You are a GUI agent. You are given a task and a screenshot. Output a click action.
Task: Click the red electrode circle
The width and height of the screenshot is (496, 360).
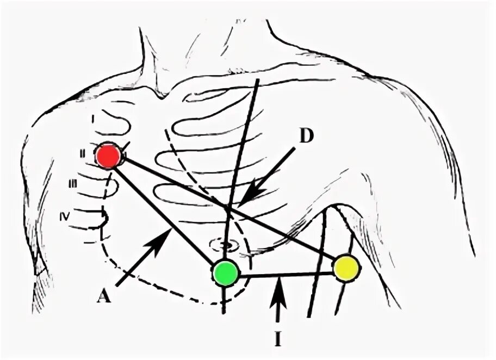[108, 156]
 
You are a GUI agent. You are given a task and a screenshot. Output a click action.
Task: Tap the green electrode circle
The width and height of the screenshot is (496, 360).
[225, 273]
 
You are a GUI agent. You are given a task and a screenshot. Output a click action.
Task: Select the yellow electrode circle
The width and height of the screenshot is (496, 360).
[346, 268]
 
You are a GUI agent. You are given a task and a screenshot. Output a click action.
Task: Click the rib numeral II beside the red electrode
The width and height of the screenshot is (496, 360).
[82, 154]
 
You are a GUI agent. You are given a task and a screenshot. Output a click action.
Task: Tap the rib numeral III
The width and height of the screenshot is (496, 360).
[73, 184]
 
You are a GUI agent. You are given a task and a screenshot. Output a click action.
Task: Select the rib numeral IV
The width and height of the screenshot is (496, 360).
[65, 216]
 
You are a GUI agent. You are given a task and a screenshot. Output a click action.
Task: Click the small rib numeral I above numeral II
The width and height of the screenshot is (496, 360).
[93, 117]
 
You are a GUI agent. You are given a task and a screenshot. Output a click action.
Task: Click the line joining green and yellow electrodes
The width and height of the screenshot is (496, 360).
[286, 275]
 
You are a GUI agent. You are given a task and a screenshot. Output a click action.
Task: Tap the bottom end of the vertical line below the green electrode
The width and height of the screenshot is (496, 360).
[224, 313]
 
